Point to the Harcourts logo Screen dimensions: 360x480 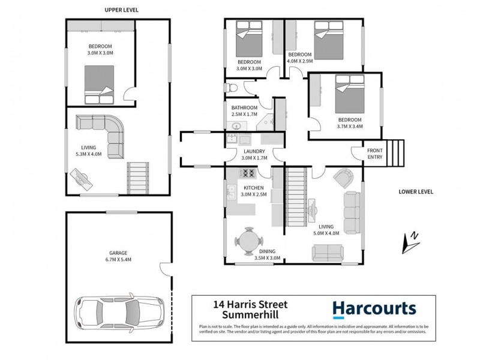pyautogui.click(x=374, y=309)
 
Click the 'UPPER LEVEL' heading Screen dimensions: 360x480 pyautogui.click(x=118, y=10)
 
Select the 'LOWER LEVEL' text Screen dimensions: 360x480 pyautogui.click(x=414, y=192)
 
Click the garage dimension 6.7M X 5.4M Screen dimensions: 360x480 pyautogui.click(x=118, y=259)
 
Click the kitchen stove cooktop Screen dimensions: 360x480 pyautogui.click(x=248, y=173)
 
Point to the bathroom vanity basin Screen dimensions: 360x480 pyautogui.click(x=236, y=126)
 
